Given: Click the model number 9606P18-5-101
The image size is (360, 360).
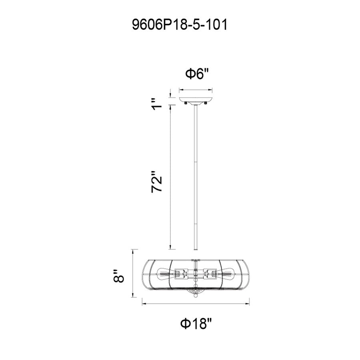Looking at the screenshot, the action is pos(180,25).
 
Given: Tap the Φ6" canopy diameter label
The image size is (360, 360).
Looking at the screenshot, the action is pos(196,74).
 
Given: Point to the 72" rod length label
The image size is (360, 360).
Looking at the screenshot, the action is pos(157,181).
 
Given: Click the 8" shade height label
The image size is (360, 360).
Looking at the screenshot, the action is pos(119,276).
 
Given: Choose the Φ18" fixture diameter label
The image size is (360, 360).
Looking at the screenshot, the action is pos(196,324).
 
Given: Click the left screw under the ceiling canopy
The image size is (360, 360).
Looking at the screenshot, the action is pos(186,104).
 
